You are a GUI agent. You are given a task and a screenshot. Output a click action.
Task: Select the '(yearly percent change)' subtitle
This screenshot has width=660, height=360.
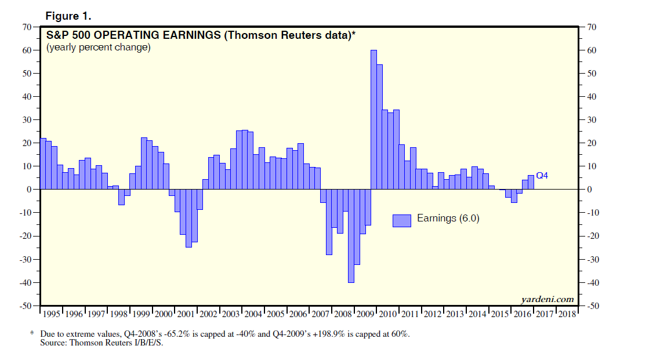(99, 48)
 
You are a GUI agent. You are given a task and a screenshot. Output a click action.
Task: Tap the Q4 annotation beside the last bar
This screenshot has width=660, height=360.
(542, 175)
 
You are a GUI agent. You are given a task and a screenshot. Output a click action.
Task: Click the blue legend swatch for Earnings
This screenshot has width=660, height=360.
(401, 220)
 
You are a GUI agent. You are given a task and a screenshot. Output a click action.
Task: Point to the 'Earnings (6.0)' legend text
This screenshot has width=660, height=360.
(448, 219)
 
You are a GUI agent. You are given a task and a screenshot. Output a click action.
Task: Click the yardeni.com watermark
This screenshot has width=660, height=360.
(547, 299)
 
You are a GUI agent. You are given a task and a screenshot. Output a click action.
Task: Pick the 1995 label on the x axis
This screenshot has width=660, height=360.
(52, 314)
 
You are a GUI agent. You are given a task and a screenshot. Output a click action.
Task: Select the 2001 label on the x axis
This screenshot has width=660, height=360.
(186, 314)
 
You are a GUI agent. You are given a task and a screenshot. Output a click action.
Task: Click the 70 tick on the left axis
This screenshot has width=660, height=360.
(26, 27)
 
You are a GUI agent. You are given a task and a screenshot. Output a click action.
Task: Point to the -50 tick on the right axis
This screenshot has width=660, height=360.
(594, 306)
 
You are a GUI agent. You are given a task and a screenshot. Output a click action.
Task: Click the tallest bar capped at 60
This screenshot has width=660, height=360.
(373, 119)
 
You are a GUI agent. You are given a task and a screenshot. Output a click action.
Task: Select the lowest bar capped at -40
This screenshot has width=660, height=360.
(351, 236)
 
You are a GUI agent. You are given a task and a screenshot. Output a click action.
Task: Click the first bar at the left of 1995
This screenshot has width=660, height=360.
(43, 163)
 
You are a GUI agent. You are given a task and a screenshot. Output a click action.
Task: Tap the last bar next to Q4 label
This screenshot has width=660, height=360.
(531, 182)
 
